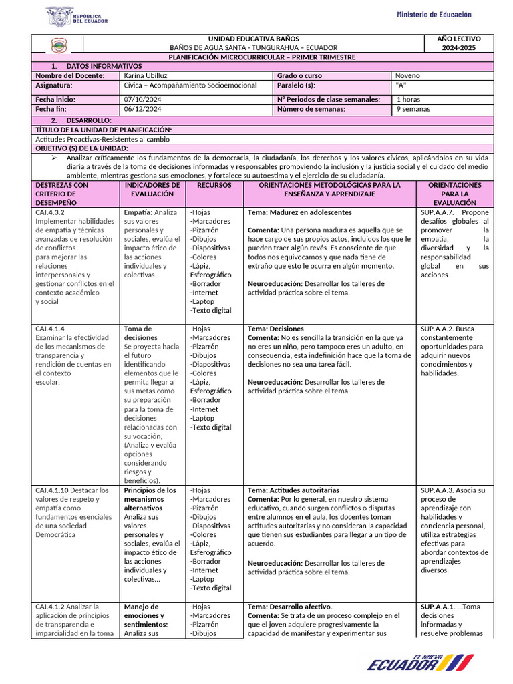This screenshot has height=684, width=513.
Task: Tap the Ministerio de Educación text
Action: click(434, 15)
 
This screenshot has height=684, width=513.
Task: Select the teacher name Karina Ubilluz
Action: click(146, 76)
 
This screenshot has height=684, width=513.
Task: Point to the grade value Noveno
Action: click(408, 76)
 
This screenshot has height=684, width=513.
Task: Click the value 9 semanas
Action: click(413, 108)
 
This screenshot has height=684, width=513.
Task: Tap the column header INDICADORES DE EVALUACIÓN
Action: click(152, 189)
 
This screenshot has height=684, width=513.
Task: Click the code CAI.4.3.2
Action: click(50, 212)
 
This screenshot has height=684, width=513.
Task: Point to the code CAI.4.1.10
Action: click(51, 490)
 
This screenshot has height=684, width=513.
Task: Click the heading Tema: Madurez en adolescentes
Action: click(299, 212)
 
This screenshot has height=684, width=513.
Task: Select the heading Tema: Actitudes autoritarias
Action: click(293, 490)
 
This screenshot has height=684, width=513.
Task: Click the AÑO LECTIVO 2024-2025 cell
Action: click(458, 43)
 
